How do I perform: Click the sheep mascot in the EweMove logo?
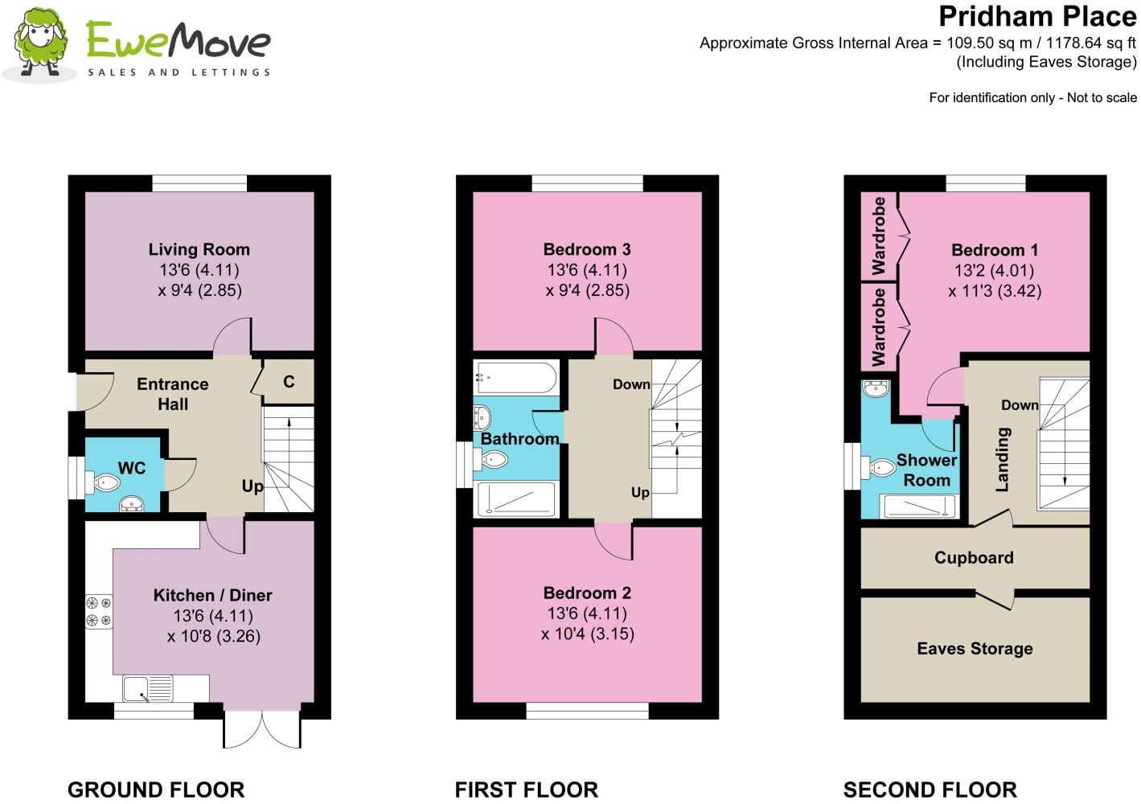(39, 43)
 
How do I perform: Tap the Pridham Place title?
(1037, 17)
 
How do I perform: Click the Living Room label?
(199, 249)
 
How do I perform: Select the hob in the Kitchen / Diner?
(99, 612)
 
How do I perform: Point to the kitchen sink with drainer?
(148, 688)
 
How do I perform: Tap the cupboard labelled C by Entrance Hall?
(289, 382)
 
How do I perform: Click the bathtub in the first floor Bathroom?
(515, 377)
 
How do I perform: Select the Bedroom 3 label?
(587, 249)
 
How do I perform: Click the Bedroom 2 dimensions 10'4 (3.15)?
(587, 634)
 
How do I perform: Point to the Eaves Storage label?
(975, 649)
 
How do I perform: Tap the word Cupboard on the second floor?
(974, 558)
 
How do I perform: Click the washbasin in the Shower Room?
(876, 389)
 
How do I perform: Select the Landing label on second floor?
(1003, 460)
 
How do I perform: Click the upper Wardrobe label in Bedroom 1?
(879, 236)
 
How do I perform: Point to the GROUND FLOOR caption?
(156, 790)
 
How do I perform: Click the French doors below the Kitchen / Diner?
(262, 729)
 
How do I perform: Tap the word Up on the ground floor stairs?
(252, 486)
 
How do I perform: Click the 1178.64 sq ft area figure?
(1091, 43)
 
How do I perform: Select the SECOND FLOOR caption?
(930, 790)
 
